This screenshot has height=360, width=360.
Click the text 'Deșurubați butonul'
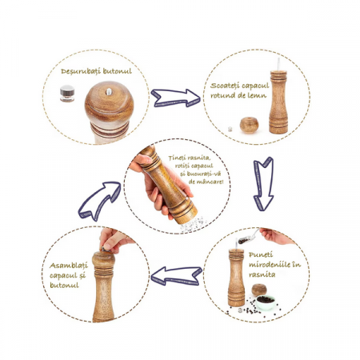(x=96, y=71)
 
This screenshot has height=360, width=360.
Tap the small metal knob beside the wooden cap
(x=67, y=94)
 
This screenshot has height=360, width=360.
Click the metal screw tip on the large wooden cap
(x=109, y=91)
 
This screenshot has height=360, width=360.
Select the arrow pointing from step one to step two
(x=175, y=98)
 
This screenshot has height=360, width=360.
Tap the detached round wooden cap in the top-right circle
(x=249, y=125)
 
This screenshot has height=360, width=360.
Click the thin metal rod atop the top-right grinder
(x=278, y=64)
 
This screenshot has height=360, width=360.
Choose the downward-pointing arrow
(x=263, y=184)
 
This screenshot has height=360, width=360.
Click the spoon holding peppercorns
(x=248, y=238)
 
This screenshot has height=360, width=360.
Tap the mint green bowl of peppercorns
(x=266, y=302)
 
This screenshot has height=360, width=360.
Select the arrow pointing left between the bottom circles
(x=176, y=276)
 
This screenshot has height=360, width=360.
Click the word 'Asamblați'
(x=69, y=266)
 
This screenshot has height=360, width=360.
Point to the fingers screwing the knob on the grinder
(x=114, y=240)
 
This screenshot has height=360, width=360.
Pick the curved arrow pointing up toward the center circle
(x=99, y=200)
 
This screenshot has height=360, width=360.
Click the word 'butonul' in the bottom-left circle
(x=64, y=285)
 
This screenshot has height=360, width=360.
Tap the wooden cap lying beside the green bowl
(x=259, y=290)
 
